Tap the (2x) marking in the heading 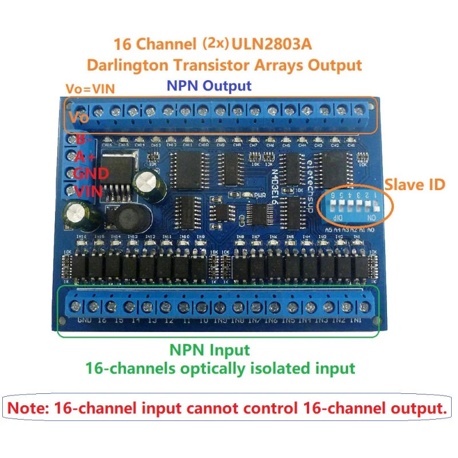[x=215, y=44]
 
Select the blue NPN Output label [x=208, y=86]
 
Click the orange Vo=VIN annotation [x=86, y=88]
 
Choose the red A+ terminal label [x=85, y=157]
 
